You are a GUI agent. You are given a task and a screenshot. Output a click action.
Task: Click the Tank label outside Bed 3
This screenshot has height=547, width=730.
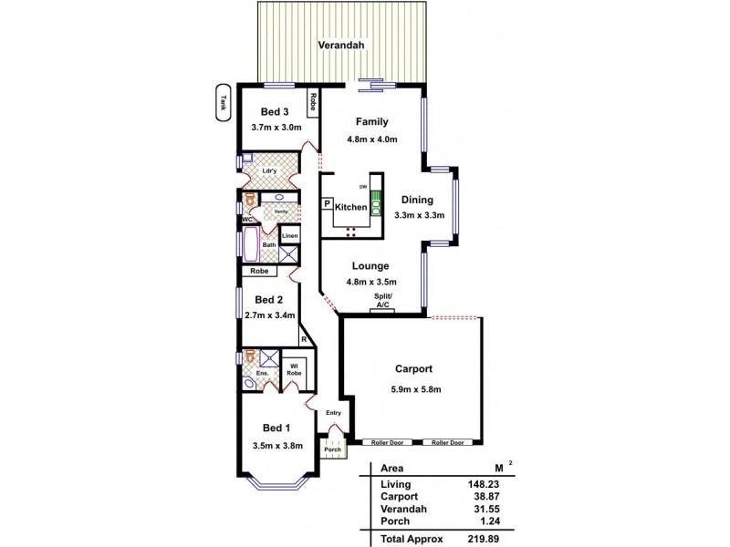point(222,104)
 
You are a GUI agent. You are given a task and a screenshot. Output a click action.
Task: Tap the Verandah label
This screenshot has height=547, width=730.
point(342,45)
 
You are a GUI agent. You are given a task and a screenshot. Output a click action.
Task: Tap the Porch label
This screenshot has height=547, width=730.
point(331,449)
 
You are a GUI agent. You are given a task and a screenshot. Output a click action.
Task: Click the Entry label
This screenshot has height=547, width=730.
point(333,413)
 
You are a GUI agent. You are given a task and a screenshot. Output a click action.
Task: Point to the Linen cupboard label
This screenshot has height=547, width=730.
point(289,236)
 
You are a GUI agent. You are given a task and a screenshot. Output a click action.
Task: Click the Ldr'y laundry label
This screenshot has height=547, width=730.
point(269,170)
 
